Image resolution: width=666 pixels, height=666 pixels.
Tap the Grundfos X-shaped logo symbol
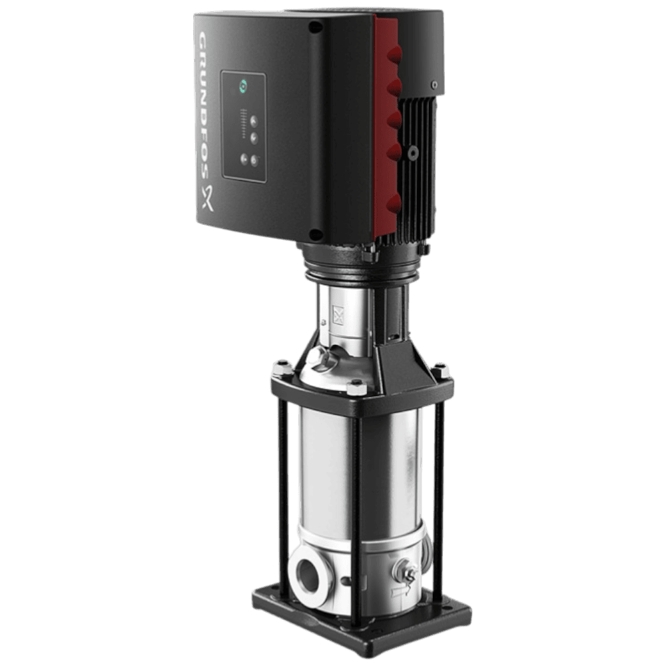[x=207, y=198]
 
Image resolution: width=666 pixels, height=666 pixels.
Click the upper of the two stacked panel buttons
[x=254, y=121]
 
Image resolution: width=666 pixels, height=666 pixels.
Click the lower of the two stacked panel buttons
[x=254, y=138]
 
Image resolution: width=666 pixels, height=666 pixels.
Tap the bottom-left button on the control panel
[x=244, y=160]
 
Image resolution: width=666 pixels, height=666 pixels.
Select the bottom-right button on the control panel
[x=254, y=161]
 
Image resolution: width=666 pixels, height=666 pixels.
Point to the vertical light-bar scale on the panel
[x=243, y=124]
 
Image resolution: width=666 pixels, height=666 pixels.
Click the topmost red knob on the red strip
[x=394, y=55]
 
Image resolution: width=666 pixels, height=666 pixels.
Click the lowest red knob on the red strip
[x=394, y=203]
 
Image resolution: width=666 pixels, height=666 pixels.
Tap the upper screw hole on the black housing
[x=315, y=27]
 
